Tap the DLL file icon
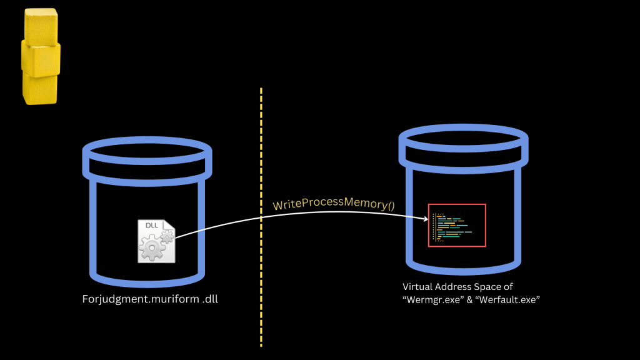(156, 241)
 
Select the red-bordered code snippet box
(457, 225)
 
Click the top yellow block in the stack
(41, 26)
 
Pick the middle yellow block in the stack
(41, 57)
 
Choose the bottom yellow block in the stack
(40, 88)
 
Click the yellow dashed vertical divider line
(261, 219)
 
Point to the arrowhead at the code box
(425, 219)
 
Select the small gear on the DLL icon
(167, 236)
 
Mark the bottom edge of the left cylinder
(147, 276)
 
